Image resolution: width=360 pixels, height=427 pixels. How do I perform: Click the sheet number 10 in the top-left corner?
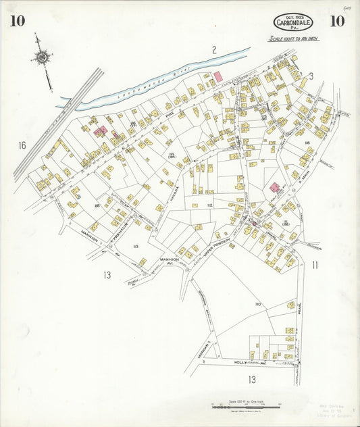18,21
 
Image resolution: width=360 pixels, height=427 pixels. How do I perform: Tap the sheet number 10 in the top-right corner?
337,21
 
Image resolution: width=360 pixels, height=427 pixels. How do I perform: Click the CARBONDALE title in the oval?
293,23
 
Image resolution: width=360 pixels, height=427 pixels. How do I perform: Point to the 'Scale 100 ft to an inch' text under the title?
293,39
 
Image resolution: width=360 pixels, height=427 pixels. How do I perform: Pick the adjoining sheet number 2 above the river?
213,49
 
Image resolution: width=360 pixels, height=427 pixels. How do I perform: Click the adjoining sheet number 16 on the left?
22,145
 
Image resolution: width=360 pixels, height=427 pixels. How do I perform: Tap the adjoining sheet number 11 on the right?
315,265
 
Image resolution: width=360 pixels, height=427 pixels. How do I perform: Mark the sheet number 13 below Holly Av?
252,380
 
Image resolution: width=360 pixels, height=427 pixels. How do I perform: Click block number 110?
257,305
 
